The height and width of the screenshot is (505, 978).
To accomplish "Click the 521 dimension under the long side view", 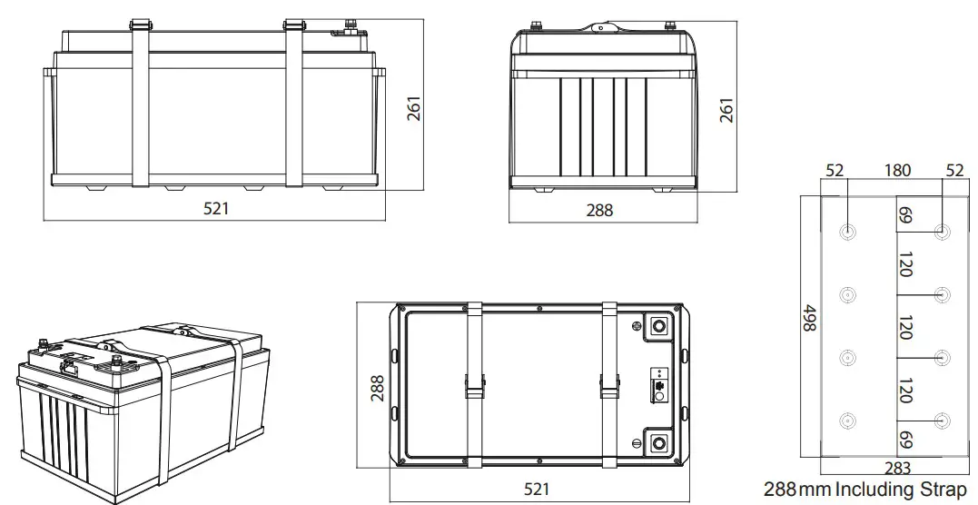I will pyautogui.click(x=215, y=208).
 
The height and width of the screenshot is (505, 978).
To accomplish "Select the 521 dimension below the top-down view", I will pyautogui.click(x=538, y=489).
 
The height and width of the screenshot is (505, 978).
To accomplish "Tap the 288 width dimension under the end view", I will pyautogui.click(x=599, y=210).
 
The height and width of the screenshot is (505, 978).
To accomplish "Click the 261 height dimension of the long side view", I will pyautogui.click(x=414, y=110).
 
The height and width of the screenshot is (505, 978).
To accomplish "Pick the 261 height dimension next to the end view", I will pyautogui.click(x=726, y=110).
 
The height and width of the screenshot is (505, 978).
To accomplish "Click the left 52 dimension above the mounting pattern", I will pyautogui.click(x=835, y=171).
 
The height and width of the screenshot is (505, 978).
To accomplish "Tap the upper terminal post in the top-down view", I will pyautogui.click(x=657, y=326).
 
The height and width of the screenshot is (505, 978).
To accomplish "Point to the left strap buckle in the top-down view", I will pyautogui.click(x=473, y=385).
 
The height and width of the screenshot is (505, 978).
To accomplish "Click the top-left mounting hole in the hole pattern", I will pyautogui.click(x=848, y=232).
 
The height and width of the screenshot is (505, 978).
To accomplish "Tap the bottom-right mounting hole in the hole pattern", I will pyautogui.click(x=943, y=420).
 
